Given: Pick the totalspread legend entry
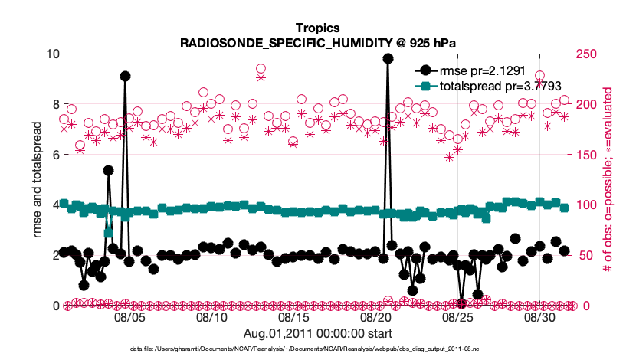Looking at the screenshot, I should [490, 86].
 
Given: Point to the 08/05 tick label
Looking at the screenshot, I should [129, 316].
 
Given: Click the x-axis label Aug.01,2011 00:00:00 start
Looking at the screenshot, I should [318, 333].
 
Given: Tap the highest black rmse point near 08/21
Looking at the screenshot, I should [388, 58].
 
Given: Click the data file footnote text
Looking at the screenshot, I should [318, 349].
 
